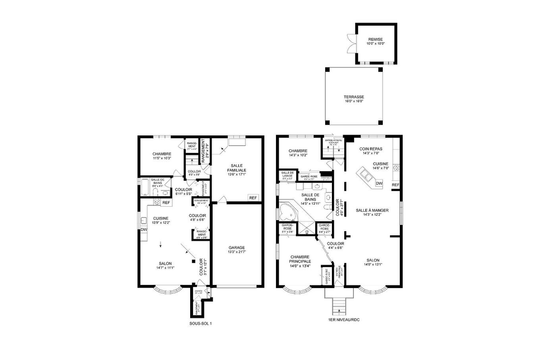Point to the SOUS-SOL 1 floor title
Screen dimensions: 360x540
point(201,323)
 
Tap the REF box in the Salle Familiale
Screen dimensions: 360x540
point(253,198)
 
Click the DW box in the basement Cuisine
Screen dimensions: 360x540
point(143,230)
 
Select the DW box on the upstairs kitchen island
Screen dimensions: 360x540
point(379,184)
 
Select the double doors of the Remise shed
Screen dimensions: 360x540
point(351,44)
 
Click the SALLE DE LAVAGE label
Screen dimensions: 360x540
point(287,174)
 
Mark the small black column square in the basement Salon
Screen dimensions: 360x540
point(193,261)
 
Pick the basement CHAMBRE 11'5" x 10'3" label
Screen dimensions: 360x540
point(162,156)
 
